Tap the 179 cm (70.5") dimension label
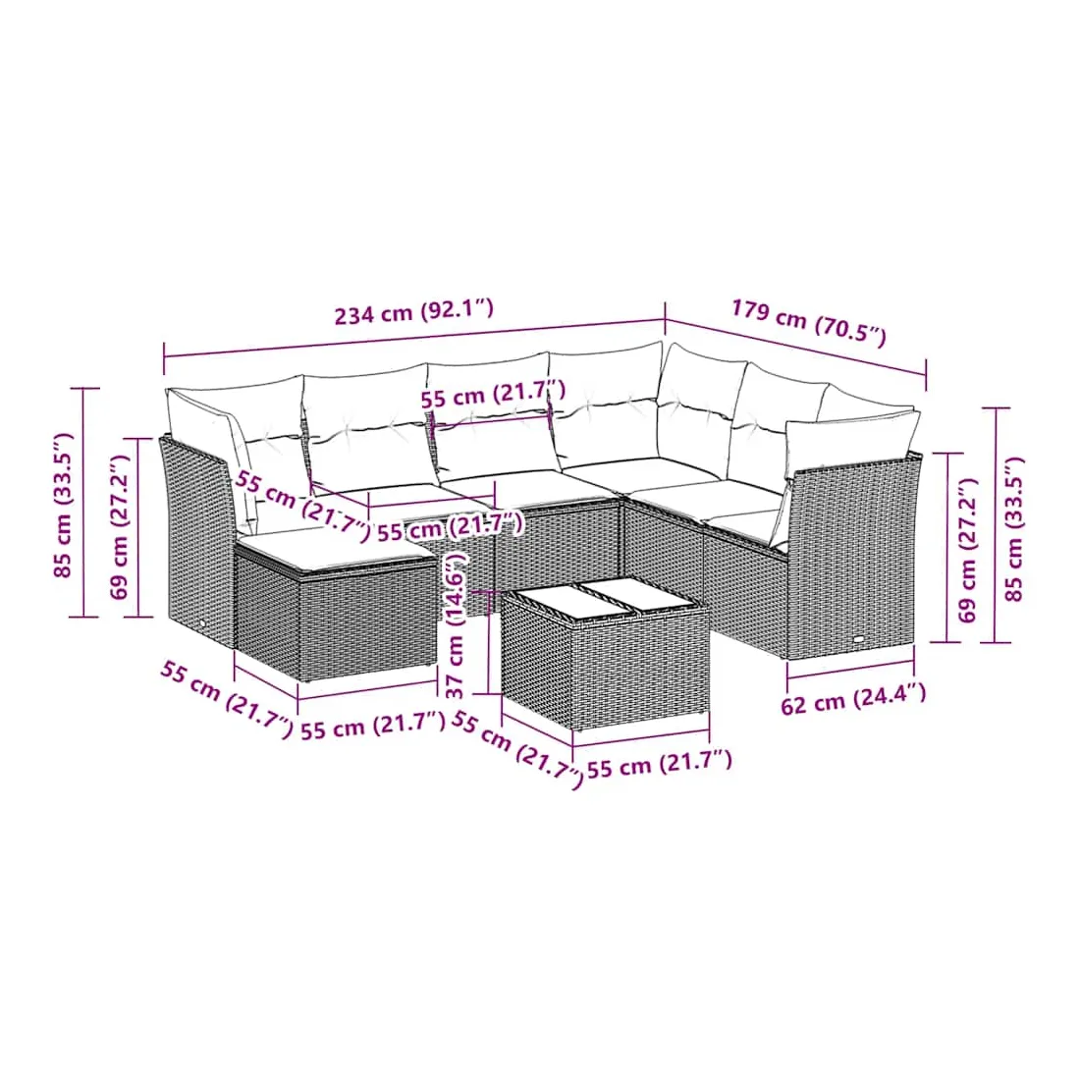(x=809, y=321)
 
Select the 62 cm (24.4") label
(x=852, y=699)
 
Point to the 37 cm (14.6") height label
(x=457, y=625)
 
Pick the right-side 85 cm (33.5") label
(x=1014, y=529)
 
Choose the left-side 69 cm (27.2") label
(x=119, y=527)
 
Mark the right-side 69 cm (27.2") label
(x=967, y=551)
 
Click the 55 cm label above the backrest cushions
(x=493, y=395)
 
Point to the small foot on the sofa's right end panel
(x=862, y=639)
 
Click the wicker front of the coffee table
(x=640, y=671)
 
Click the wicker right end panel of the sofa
(x=852, y=555)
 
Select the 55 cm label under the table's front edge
(x=659, y=765)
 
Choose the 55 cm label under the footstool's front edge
(x=373, y=727)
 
